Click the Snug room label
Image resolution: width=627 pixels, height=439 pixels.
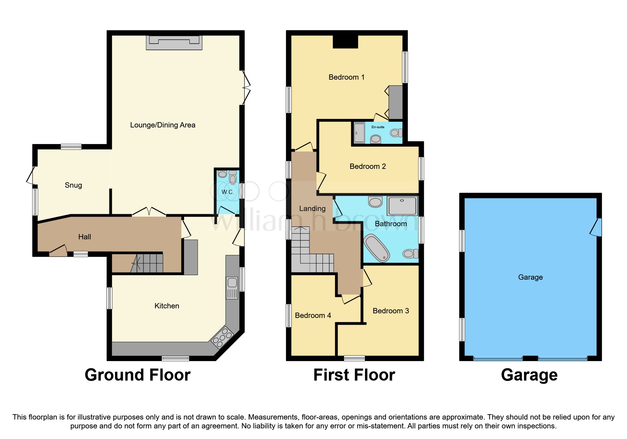click(73, 185)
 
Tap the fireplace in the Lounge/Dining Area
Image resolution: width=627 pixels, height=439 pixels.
click(174, 42)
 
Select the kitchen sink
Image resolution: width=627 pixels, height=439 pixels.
click(232, 283)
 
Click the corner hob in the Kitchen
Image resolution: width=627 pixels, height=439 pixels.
click(222, 337)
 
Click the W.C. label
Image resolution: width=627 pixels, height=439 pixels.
click(227, 192)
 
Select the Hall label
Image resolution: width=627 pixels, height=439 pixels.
click(85, 237)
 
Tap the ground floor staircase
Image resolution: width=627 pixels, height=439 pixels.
click(147, 264)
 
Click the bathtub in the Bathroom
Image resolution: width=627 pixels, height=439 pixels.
click(377, 248)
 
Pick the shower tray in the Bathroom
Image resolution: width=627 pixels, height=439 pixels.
click(402, 206)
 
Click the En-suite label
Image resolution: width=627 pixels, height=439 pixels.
click(378, 127)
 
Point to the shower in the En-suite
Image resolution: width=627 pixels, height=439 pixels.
click(359, 133)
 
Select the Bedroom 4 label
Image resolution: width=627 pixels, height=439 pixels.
click(313, 315)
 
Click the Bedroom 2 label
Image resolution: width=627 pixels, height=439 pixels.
click(367, 166)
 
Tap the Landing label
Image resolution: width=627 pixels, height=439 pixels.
click(312, 209)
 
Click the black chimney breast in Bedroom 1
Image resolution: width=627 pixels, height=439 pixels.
click(345, 41)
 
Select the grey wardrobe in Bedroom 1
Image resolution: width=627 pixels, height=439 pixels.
click(395, 102)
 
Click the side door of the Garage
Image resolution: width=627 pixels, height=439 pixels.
click(596, 227)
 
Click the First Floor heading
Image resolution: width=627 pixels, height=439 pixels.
click(354, 375)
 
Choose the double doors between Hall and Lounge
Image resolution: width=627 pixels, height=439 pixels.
click(149, 212)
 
